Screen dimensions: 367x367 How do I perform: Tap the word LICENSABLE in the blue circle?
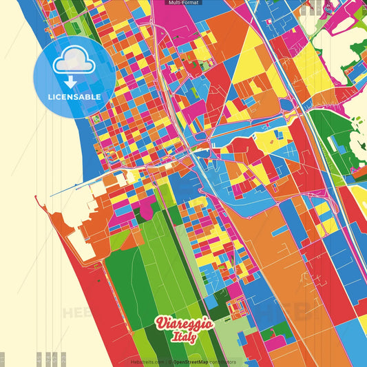74,97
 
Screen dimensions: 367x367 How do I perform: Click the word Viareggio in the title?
184,323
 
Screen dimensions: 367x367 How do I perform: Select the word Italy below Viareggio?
185,337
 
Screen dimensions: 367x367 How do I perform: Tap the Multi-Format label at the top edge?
183,3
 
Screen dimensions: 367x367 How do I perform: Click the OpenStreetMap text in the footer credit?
192,361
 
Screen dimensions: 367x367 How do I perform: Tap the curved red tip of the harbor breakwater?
36,200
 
